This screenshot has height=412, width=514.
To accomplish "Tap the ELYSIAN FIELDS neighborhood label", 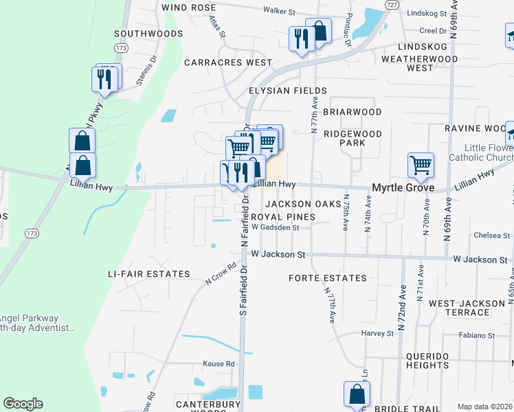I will (288, 91).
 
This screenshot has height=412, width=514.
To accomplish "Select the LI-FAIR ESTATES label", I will (148, 274).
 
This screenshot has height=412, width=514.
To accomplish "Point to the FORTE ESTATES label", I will (328, 278).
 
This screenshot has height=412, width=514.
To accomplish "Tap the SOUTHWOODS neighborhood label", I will (148, 33).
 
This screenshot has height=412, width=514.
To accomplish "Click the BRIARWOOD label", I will (353, 112).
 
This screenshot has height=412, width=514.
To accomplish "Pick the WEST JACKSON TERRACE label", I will (469, 308).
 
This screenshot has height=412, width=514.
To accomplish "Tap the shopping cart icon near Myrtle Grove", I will (420, 164).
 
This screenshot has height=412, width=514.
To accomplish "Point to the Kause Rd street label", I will (219, 364).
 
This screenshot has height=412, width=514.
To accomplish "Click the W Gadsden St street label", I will (275, 227).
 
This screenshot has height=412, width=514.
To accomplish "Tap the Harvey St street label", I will (379, 334).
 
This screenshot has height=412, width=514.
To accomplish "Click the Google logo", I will (23, 404).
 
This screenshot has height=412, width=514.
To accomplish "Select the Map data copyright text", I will (484, 407).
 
